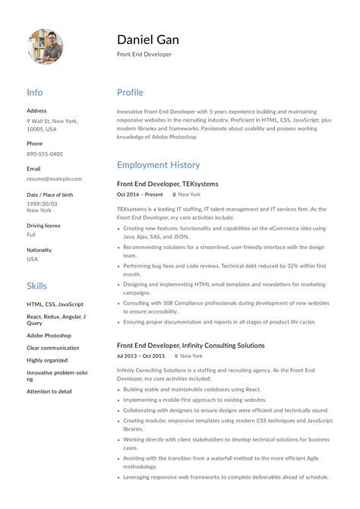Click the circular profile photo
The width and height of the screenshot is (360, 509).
(45, 46)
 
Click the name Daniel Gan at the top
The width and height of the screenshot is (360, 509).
(147, 39)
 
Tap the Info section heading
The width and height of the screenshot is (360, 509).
(35, 93)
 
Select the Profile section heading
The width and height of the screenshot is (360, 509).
(130, 93)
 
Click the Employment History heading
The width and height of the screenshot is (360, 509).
(158, 164)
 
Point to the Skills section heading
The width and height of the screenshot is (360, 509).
(36, 286)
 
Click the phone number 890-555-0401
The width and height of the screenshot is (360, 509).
(45, 153)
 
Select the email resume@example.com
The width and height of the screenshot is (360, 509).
(54, 179)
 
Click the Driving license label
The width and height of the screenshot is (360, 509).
(43, 226)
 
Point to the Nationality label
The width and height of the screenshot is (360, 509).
(39, 250)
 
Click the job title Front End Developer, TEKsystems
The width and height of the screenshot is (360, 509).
(167, 184)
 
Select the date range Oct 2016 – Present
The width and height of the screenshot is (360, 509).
(140, 194)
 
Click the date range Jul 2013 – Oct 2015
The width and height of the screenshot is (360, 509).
(141, 356)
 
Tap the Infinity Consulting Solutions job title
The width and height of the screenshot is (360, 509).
(191, 345)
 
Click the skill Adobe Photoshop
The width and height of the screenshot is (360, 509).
(49, 335)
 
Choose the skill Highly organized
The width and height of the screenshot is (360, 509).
(47, 360)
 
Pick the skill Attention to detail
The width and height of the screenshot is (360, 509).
(49, 391)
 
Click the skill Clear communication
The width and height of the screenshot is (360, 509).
(52, 348)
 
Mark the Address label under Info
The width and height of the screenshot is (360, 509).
(36, 110)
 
